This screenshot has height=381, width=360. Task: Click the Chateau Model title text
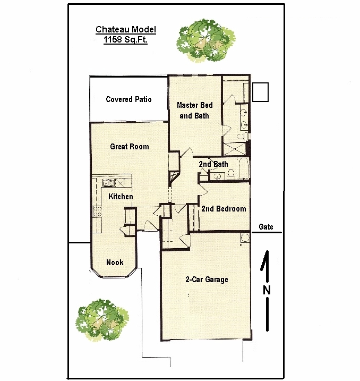(126, 30)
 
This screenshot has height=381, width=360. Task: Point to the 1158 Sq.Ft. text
(125, 39)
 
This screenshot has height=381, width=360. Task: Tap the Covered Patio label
(128, 99)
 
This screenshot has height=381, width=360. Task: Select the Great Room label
(130, 147)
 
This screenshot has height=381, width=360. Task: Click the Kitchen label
(121, 196)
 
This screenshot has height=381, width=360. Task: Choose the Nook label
(115, 263)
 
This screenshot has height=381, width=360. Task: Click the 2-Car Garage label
(207, 280)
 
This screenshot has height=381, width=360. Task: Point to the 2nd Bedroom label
(224, 209)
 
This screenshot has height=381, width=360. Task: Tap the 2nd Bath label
(213, 164)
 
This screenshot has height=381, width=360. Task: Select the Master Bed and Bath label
(195, 111)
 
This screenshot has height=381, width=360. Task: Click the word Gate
(266, 227)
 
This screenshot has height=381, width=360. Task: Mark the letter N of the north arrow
(267, 290)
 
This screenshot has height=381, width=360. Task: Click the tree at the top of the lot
(206, 40)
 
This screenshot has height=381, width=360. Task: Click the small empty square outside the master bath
(261, 92)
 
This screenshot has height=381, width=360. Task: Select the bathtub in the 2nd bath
(244, 168)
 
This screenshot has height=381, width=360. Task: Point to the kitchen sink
(108, 182)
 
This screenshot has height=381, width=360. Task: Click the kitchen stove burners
(97, 211)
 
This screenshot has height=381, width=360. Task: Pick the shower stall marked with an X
(235, 149)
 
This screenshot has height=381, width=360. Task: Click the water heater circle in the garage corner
(245, 238)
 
